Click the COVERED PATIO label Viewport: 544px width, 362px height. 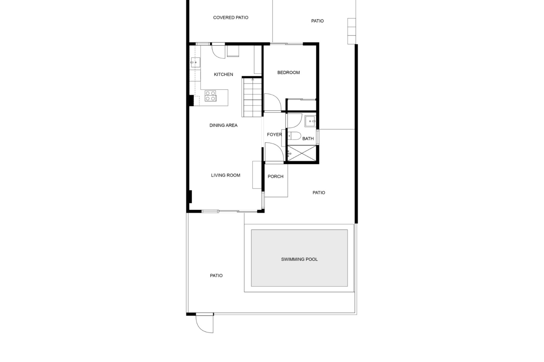[x=231, y=18]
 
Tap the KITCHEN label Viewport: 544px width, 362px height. [x=224, y=74]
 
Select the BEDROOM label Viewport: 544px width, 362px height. [x=288, y=72]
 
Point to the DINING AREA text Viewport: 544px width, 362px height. [x=224, y=125]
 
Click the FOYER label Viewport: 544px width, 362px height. [x=274, y=135]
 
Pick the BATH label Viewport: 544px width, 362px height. [x=308, y=139]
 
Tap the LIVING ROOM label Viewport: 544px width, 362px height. [x=226, y=175]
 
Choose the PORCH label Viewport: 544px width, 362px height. [x=275, y=176]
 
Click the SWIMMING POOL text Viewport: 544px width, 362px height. [x=299, y=259]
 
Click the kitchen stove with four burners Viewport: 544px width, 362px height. [x=211, y=96]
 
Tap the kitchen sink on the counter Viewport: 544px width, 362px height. [x=195, y=62]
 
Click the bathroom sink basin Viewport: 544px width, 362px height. [x=310, y=121]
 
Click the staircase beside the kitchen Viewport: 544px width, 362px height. [x=252, y=98]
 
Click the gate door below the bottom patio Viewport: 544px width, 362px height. [x=204, y=323]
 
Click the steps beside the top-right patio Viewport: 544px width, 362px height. [x=351, y=31]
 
